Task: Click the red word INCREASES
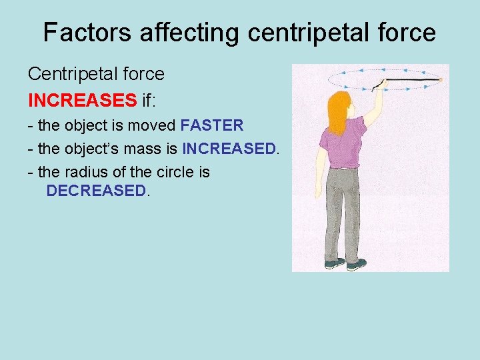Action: pos(82,100)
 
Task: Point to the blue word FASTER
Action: pos(212,125)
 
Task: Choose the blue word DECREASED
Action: pos(95,191)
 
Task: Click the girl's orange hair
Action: pos(338,110)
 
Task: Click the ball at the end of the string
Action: pos(441,80)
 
